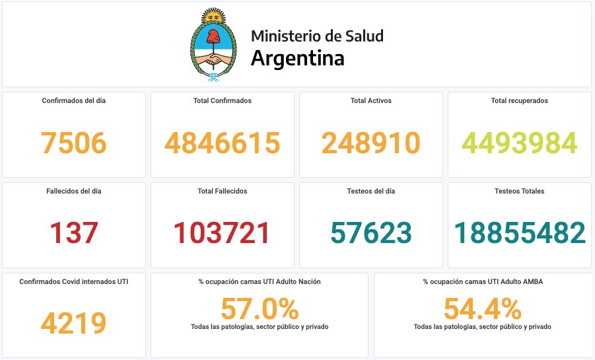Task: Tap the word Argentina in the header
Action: [x=297, y=58]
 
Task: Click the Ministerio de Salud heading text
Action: [x=317, y=36]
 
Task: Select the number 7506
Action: [x=74, y=143]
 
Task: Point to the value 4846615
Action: [x=223, y=143]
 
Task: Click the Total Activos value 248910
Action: [x=371, y=143]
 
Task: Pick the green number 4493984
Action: [x=520, y=143]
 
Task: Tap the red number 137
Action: [x=74, y=233]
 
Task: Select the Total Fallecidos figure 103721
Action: [x=223, y=233]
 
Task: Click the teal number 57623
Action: [x=371, y=233]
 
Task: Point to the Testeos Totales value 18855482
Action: [x=520, y=233]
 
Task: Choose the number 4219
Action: [x=74, y=323]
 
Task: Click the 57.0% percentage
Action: [x=260, y=309]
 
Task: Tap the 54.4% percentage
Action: [x=482, y=309]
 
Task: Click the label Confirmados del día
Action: [x=74, y=101]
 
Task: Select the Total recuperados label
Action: [x=520, y=101]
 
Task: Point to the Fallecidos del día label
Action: [x=74, y=192]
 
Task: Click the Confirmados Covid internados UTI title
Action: [x=74, y=281]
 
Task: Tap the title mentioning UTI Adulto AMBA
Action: [x=482, y=281]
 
